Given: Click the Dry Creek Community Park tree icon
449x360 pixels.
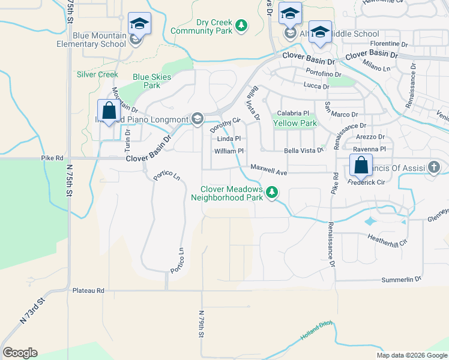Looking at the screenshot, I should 241,25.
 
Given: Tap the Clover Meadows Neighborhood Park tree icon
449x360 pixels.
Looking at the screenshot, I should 273,192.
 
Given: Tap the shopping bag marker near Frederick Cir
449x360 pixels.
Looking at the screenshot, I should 361,166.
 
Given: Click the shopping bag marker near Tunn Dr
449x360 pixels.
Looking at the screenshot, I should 109,112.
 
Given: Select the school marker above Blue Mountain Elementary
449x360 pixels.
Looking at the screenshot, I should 139,24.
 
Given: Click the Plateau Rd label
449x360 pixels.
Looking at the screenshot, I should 88,290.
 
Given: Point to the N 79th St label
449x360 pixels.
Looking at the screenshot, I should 202,325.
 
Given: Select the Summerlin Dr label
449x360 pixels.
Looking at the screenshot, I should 402,279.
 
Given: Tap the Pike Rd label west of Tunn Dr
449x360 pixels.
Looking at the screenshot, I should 52,158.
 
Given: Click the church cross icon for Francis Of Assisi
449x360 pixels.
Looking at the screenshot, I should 434,167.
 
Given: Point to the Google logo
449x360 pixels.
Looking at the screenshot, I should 20,353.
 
